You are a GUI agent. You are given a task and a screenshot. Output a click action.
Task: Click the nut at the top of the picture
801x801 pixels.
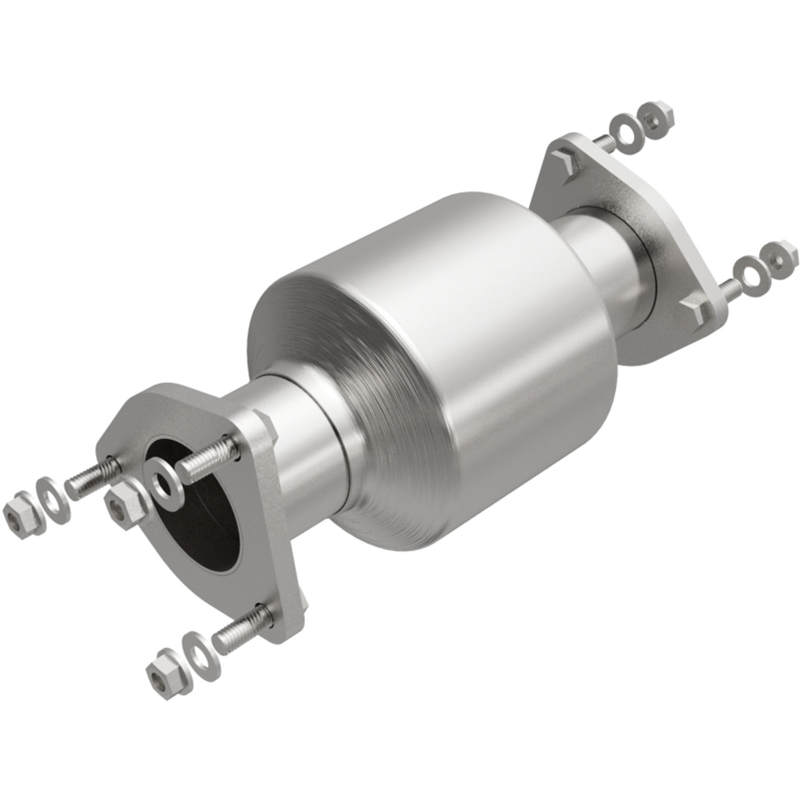[656, 120]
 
